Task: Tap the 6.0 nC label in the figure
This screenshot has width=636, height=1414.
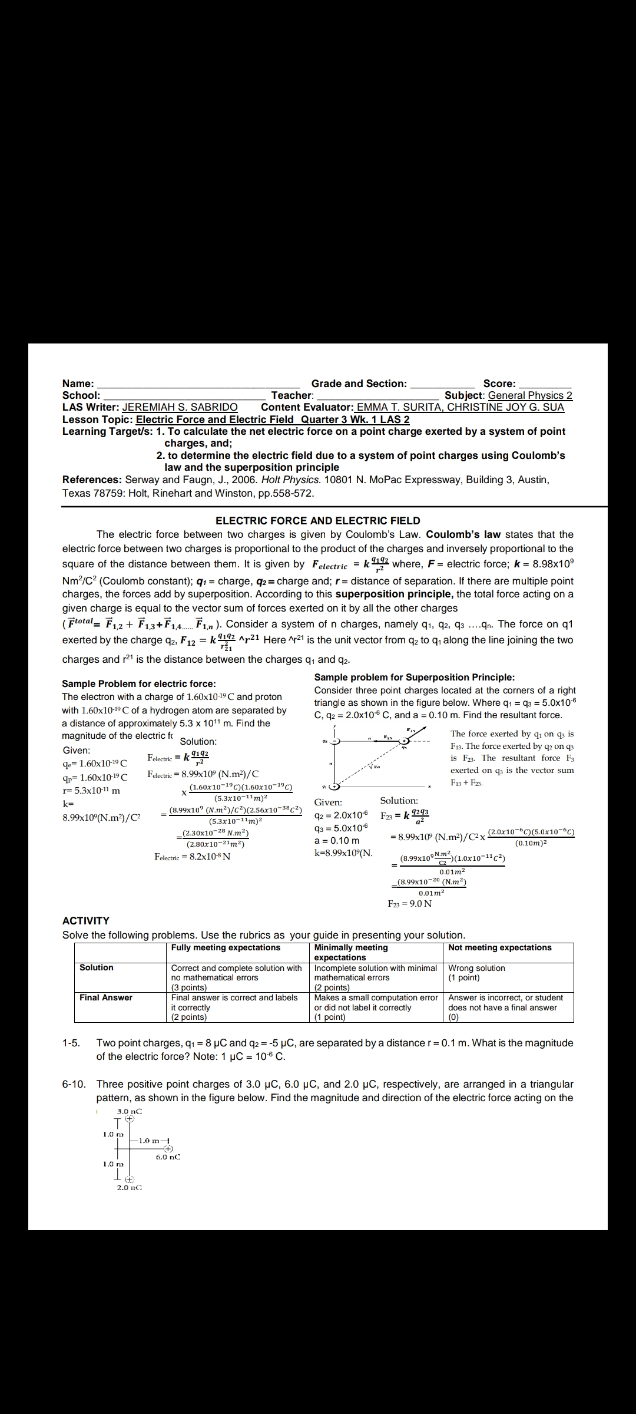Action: point(168,1157)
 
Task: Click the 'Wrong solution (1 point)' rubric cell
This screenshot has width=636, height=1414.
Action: point(477,973)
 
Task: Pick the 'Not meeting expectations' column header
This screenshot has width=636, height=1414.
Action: point(499,948)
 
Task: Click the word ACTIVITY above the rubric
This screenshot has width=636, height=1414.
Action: point(86,920)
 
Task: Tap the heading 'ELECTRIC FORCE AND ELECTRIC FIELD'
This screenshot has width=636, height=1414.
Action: point(318,521)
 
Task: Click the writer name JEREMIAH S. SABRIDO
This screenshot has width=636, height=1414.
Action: point(180,407)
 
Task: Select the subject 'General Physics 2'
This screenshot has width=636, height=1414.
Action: point(530,395)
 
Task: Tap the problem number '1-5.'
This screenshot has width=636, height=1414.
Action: point(71,1043)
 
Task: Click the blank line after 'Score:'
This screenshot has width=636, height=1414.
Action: point(545,384)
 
